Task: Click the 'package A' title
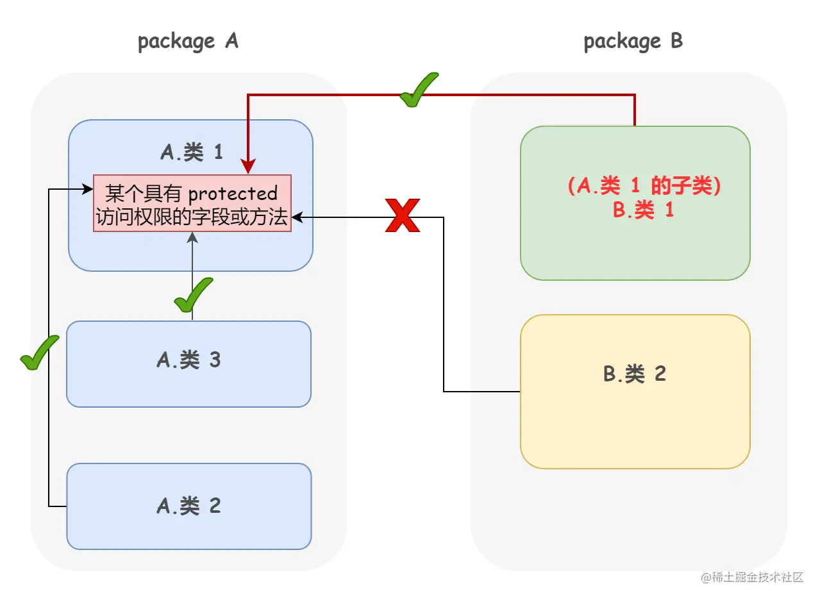click(x=188, y=42)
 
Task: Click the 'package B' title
click(x=633, y=42)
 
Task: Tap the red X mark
click(x=402, y=215)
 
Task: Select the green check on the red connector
click(x=418, y=90)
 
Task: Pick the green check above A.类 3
click(x=193, y=295)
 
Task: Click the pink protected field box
click(x=192, y=203)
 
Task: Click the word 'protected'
click(x=233, y=193)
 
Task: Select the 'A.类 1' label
click(x=191, y=153)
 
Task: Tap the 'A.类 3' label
click(x=188, y=360)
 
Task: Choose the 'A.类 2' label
click(x=188, y=506)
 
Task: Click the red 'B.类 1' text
click(x=643, y=210)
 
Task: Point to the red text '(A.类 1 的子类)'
click(x=644, y=187)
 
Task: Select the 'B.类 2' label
click(x=635, y=374)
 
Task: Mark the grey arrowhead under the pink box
click(x=192, y=237)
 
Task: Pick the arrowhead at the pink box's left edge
click(x=88, y=189)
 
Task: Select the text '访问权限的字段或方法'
click(x=192, y=217)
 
